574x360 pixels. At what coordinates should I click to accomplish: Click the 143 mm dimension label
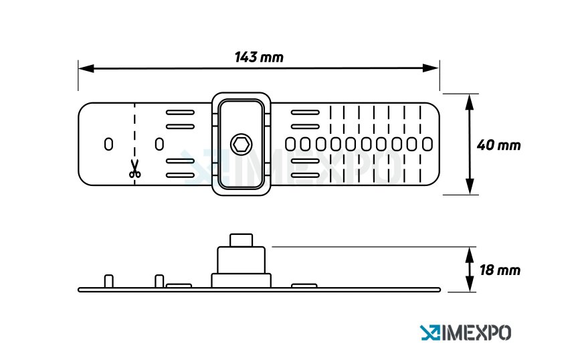point(259,57)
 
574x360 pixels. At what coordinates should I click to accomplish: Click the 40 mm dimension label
point(498,145)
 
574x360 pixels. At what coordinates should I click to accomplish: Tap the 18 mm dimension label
point(499,270)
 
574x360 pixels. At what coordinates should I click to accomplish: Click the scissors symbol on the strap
point(135,169)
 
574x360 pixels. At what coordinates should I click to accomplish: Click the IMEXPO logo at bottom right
point(466,332)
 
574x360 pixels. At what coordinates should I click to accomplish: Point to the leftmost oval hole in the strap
point(108,144)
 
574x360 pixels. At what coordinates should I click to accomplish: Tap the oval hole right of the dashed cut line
point(159,144)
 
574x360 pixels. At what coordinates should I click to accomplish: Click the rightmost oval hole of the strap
point(427,144)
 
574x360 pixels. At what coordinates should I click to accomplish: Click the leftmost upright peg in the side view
point(109,281)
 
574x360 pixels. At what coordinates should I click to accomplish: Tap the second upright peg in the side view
point(159,281)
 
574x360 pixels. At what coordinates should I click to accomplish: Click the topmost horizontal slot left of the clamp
point(180,112)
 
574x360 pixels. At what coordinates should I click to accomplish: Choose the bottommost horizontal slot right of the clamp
point(304,175)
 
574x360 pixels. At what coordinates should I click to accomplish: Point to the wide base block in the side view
point(241,280)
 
